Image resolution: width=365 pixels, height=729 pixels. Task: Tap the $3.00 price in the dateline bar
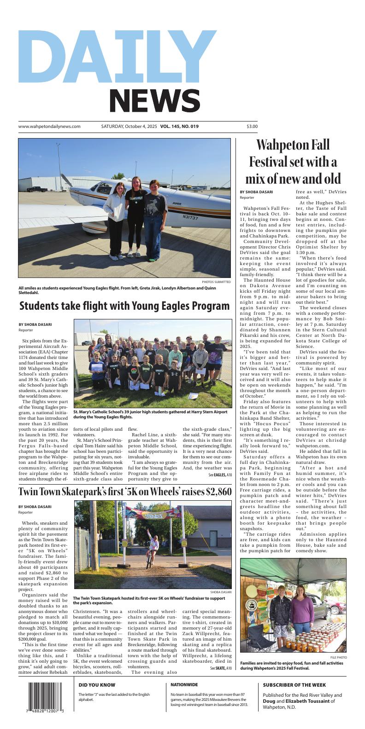(252, 127)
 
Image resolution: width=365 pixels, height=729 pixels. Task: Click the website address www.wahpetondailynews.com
(49, 127)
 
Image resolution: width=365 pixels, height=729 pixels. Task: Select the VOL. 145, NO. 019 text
(179, 127)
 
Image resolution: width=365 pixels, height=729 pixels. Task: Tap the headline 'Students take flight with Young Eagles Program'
(124, 306)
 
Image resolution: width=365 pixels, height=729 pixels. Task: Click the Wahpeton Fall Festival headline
(293, 162)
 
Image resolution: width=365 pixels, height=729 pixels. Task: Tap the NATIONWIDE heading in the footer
(184, 685)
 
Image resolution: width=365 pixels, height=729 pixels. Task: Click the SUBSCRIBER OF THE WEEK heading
(294, 685)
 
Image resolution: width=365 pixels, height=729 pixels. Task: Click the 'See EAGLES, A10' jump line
(220, 475)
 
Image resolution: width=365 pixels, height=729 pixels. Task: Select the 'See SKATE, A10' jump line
(221, 668)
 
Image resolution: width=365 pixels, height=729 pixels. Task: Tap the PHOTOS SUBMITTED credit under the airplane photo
(216, 282)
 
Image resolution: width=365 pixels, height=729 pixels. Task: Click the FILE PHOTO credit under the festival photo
(338, 657)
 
